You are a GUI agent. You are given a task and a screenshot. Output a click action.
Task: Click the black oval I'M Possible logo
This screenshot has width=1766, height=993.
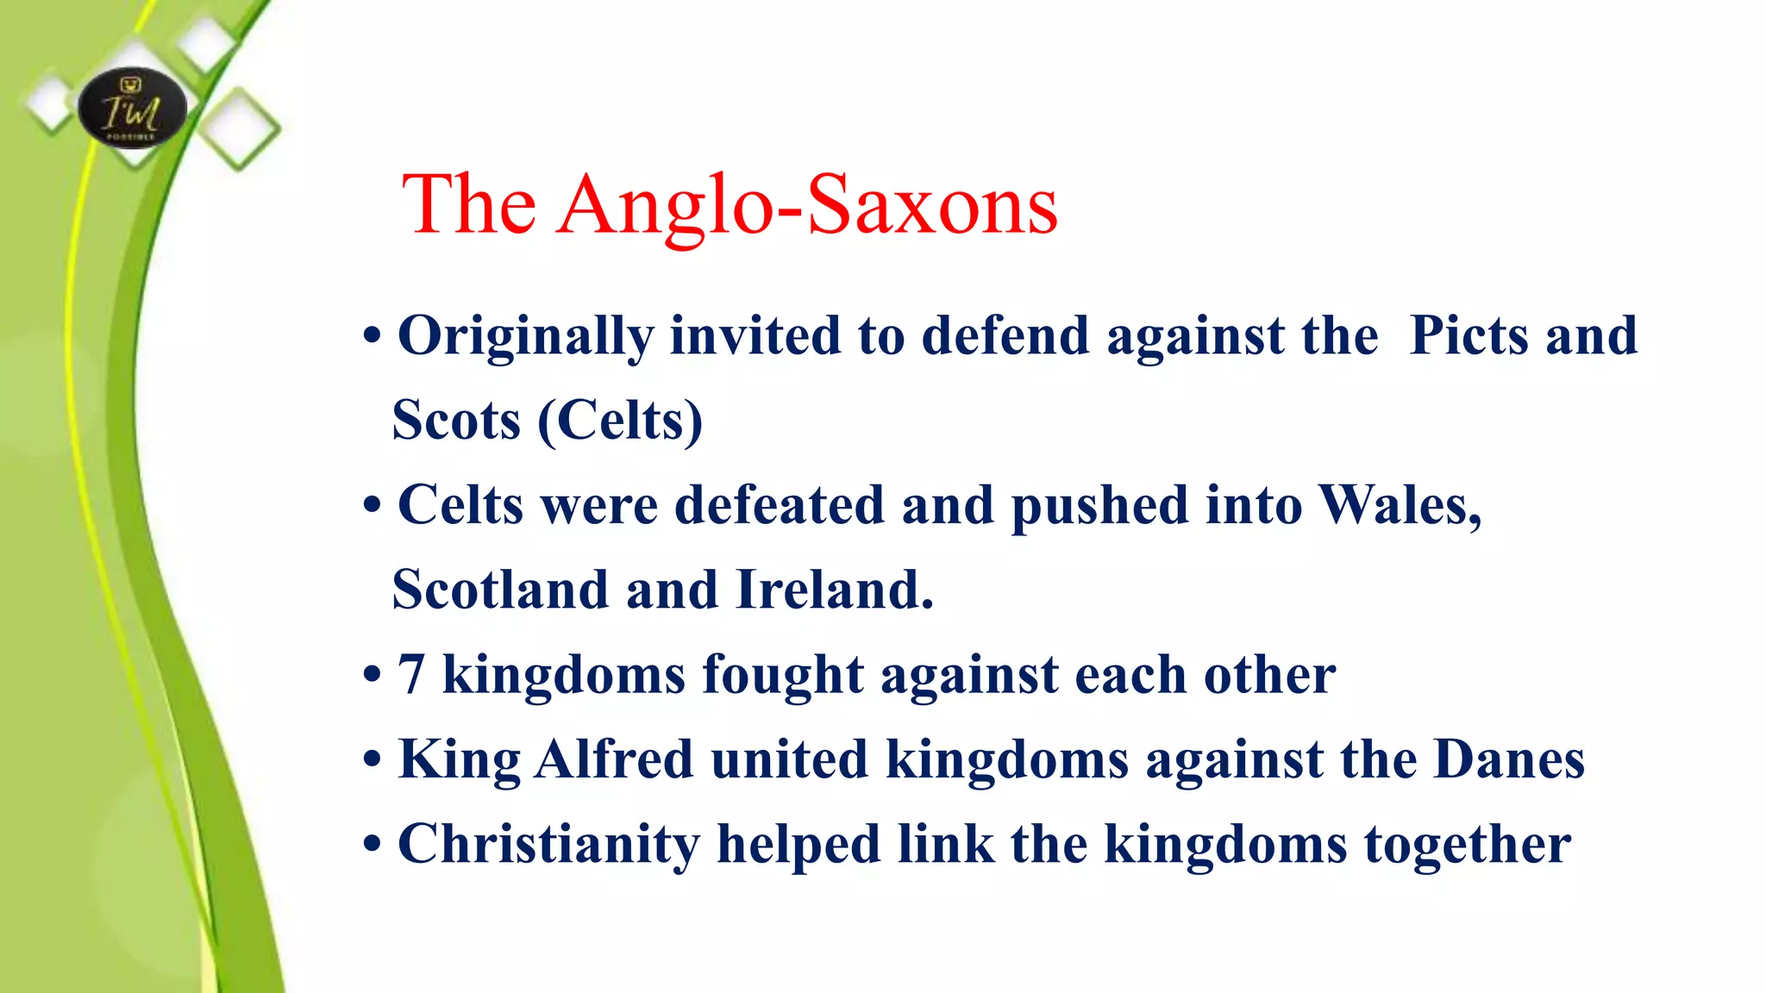point(132,109)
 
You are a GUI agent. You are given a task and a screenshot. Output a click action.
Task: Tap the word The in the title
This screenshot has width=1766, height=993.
point(469,205)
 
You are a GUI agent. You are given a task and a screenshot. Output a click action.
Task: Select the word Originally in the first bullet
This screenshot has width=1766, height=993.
point(524,336)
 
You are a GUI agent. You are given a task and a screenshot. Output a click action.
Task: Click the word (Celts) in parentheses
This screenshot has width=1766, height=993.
point(621,421)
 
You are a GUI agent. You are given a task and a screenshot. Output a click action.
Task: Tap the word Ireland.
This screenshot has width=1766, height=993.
point(835,590)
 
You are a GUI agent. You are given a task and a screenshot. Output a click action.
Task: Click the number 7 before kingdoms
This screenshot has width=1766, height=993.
point(411,674)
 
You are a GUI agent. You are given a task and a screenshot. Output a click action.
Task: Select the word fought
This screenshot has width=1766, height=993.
point(783,674)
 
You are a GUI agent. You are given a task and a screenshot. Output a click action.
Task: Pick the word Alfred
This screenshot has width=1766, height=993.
point(614,759)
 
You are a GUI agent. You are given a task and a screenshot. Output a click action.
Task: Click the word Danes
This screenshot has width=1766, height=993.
point(1509,759)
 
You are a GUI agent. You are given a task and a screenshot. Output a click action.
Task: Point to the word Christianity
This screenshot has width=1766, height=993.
point(548,845)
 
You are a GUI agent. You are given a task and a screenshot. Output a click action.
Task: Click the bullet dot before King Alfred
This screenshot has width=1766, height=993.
point(372,761)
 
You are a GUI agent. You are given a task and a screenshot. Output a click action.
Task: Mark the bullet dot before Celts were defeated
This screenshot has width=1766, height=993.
point(372,506)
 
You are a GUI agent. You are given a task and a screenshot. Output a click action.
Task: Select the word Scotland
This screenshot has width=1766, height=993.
point(500,590)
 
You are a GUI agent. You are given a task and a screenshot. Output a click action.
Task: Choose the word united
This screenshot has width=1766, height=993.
point(789,759)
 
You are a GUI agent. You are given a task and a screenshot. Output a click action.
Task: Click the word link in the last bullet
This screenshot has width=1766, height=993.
point(946,844)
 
